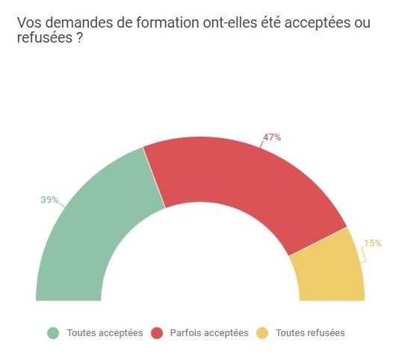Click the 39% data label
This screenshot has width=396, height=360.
coord(49,200)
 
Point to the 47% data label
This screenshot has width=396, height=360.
coord(272,137)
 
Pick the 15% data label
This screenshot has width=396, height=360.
coord(373,243)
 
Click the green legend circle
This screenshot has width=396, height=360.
coord(53,333)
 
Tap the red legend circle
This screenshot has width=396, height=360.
coord(157,333)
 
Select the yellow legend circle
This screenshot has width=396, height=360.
coord(262,333)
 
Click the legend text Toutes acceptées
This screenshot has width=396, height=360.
coord(105,333)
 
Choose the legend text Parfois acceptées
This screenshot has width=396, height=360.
coord(209,333)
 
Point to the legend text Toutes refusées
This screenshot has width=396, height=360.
coord(310,333)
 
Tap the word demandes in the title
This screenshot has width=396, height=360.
coord(79,22)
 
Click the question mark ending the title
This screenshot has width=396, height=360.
coord(79,37)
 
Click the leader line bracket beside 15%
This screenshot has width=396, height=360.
coord(364,255)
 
